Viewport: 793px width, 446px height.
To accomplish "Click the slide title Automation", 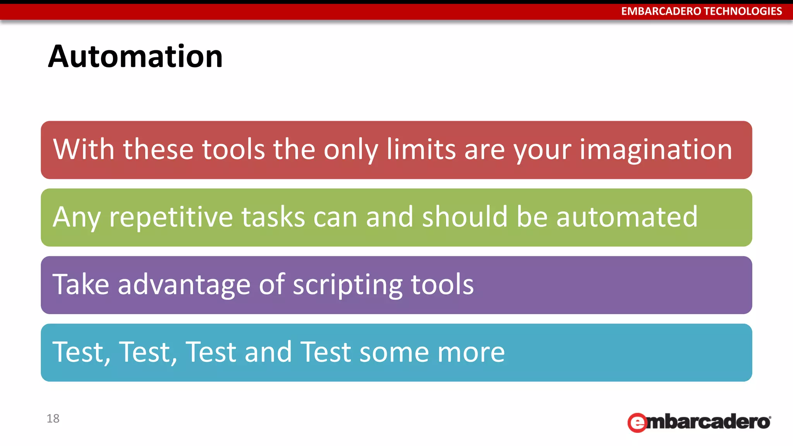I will coord(135,57).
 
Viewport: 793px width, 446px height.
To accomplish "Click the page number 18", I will coord(53,419).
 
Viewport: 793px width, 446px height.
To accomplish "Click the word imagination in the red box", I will coord(656,149).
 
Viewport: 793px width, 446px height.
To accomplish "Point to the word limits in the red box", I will coord(421,149).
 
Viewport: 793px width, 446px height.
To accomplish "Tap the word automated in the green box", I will coord(627,217).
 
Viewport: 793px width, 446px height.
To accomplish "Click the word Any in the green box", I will coord(77,217).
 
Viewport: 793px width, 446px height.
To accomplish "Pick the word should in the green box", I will coord(465,217).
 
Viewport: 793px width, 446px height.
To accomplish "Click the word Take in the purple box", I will coord(81,285).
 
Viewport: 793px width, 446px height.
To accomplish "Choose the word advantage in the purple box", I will coord(184,285).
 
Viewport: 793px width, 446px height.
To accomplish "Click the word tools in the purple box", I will coord(442,285).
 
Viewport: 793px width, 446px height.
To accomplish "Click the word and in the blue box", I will coord(268,352).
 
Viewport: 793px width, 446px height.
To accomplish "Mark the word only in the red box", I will coord(351,149).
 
